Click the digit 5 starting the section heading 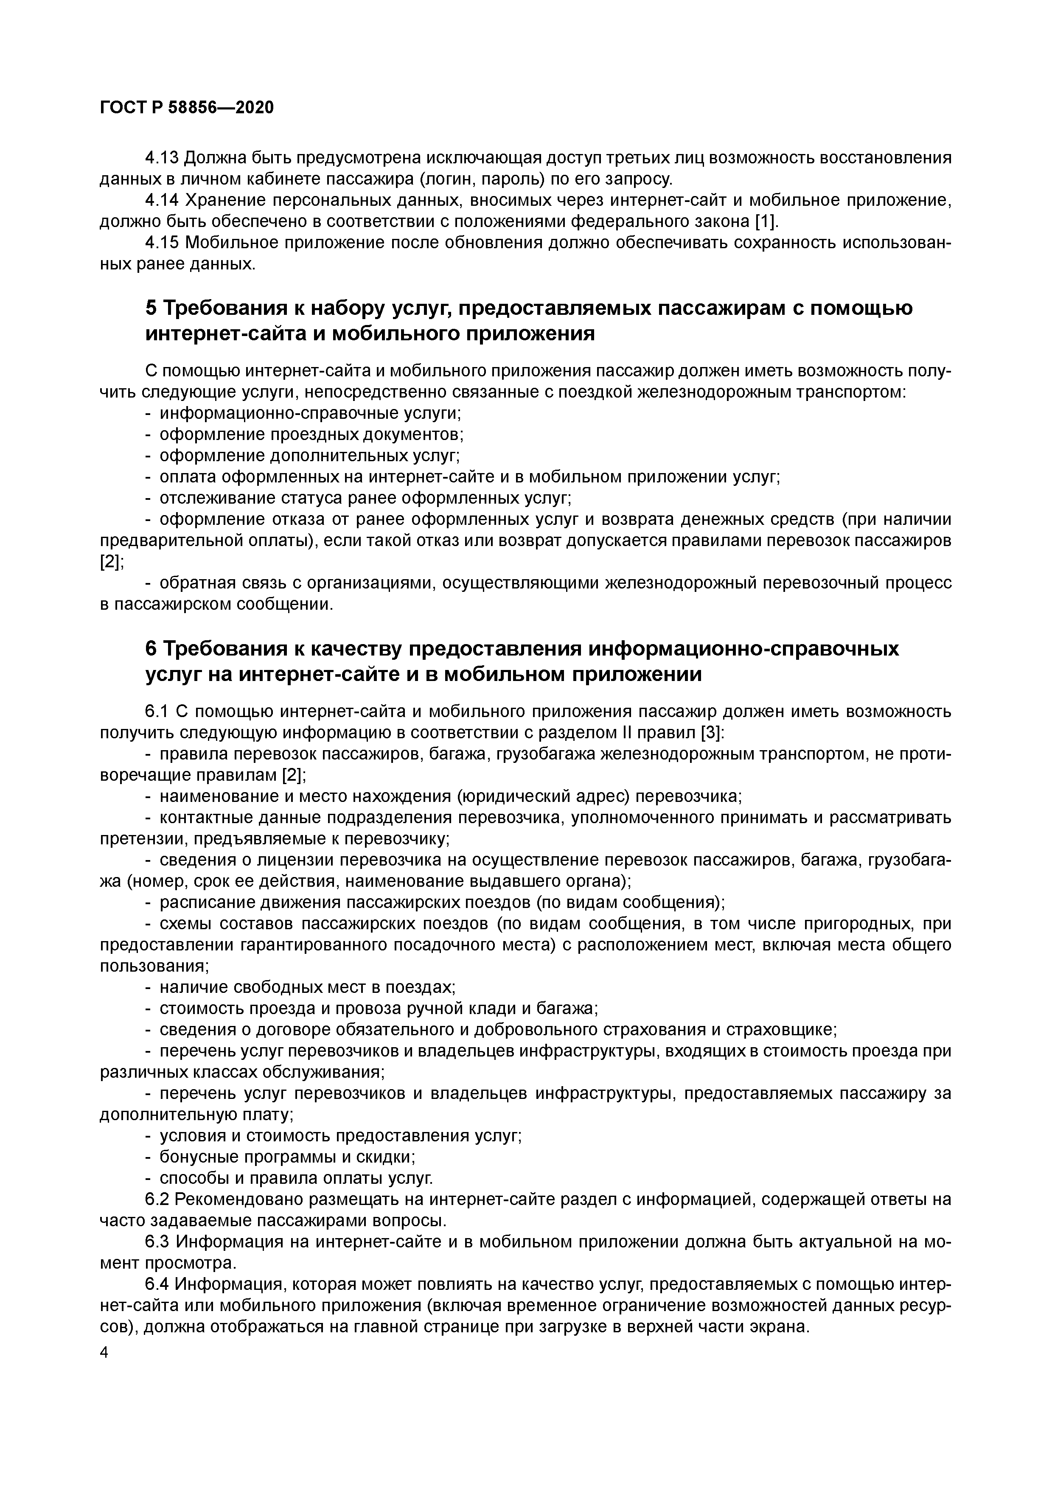click(x=150, y=308)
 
